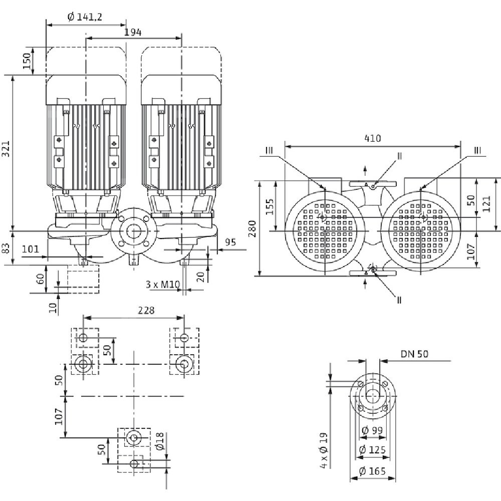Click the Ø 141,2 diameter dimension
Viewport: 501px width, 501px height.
click(x=86, y=17)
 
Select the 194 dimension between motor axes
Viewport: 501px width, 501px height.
click(x=132, y=32)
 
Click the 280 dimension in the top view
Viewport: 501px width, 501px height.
click(x=255, y=228)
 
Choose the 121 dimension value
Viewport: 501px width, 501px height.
click(x=485, y=202)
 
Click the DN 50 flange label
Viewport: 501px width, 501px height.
click(x=414, y=354)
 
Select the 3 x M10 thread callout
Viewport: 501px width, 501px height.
click(x=162, y=284)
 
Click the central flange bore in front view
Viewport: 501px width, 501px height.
click(x=132, y=232)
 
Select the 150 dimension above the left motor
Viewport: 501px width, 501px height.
click(x=27, y=61)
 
